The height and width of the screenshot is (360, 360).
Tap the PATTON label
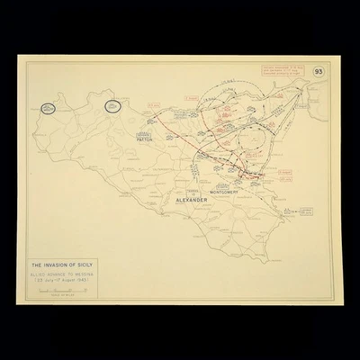(x=147, y=141)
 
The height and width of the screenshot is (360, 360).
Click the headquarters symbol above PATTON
(x=147, y=133)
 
